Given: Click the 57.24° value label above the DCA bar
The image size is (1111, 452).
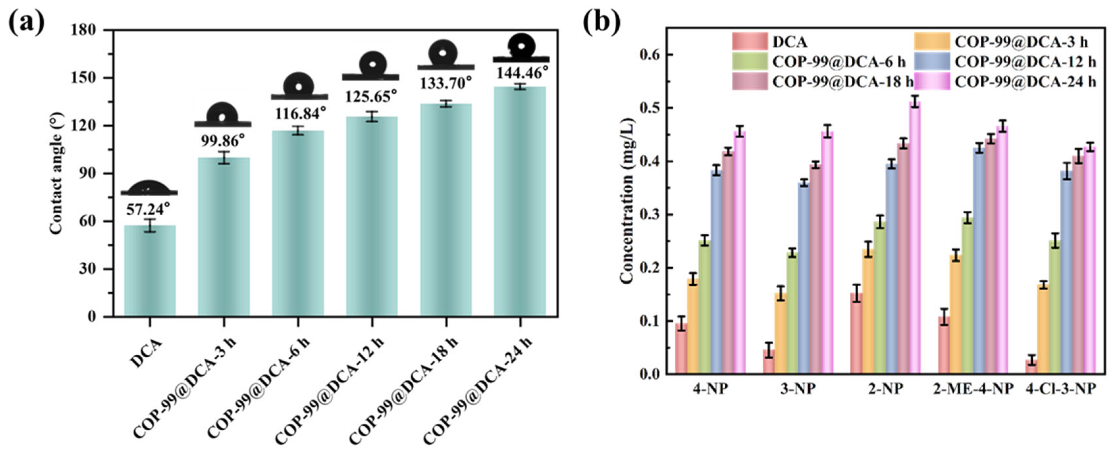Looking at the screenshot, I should tap(148, 210).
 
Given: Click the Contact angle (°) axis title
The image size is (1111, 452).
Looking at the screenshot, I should tap(56, 173).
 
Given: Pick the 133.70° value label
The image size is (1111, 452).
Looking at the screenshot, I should tap(446, 83).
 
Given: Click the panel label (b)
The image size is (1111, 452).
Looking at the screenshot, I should tap(602, 22).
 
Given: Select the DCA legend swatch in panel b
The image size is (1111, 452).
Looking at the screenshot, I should tap(750, 42).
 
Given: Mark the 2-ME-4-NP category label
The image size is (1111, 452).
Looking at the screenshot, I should tap(973, 389).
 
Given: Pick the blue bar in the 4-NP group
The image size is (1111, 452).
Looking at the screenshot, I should tap(716, 272).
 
